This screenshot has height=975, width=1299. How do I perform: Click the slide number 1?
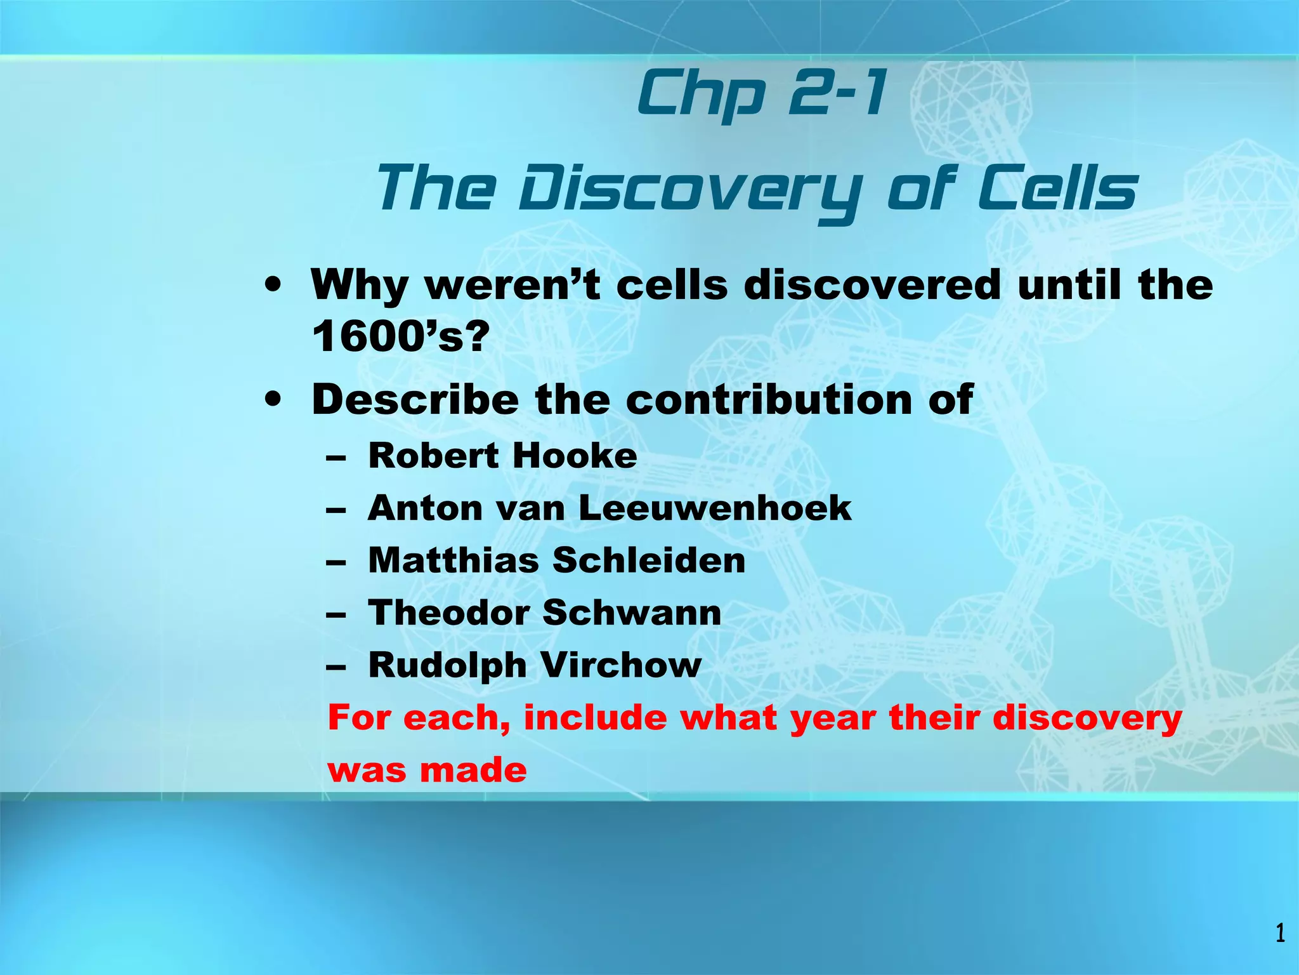click(x=1280, y=933)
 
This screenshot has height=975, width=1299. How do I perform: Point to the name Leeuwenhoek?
click(x=715, y=508)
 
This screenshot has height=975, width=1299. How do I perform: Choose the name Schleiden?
click(x=649, y=560)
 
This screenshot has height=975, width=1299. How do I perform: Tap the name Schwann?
click(x=632, y=613)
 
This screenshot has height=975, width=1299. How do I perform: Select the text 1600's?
click(x=401, y=336)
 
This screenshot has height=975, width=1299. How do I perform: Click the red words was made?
click(x=427, y=770)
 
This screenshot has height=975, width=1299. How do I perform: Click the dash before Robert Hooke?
click(x=336, y=457)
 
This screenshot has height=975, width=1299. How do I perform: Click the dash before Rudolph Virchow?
click(x=336, y=667)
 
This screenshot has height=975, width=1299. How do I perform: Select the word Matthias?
click(x=453, y=560)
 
